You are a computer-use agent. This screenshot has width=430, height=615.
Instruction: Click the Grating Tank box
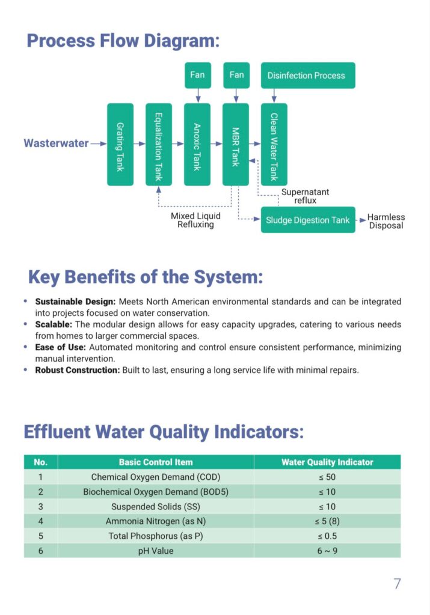click(120, 144)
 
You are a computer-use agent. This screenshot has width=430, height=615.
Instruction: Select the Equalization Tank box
click(158, 144)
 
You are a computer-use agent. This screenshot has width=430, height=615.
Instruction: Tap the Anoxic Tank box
click(197, 144)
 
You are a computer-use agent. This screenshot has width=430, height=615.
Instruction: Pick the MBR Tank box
click(235, 144)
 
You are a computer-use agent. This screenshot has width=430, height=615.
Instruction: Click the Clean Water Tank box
click(274, 144)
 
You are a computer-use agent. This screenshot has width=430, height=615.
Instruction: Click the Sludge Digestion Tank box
click(307, 220)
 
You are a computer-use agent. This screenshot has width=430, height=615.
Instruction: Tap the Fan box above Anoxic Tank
click(197, 75)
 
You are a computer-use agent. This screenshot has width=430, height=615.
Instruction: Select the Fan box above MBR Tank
click(236, 75)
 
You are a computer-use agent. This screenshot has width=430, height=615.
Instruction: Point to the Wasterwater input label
click(56, 144)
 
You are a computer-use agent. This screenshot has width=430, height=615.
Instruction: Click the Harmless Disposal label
click(386, 221)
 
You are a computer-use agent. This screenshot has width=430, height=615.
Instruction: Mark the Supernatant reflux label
click(306, 196)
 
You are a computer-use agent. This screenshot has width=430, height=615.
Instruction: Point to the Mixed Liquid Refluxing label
click(195, 220)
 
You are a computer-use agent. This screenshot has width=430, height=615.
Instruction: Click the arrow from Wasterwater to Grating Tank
click(99, 144)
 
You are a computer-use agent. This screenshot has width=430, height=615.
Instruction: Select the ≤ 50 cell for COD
click(327, 477)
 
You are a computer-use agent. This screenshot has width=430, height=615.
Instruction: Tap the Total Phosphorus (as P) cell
click(156, 536)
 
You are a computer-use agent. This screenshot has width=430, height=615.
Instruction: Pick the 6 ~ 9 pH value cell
click(327, 550)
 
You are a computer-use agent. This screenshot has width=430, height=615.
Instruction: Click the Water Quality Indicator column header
click(327, 462)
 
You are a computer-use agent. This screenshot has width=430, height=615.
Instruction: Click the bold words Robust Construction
click(77, 370)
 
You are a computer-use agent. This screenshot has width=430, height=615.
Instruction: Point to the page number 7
click(397, 583)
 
